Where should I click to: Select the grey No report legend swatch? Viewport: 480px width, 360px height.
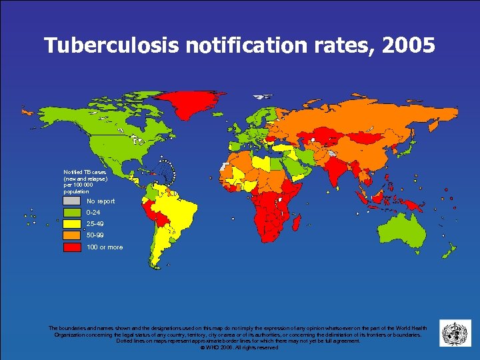[71, 201]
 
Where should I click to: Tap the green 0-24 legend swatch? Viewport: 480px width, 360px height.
[71, 212]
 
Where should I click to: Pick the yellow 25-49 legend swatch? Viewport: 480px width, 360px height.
[71, 223]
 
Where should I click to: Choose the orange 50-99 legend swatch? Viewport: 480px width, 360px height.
[71, 235]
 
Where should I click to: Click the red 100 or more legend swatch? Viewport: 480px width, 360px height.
[71, 247]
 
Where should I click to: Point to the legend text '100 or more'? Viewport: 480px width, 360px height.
[105, 247]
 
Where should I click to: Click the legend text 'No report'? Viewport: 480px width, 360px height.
[101, 201]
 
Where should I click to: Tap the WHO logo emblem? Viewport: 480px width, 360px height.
[455, 333]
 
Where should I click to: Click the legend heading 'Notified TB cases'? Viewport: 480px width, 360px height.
[84, 173]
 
